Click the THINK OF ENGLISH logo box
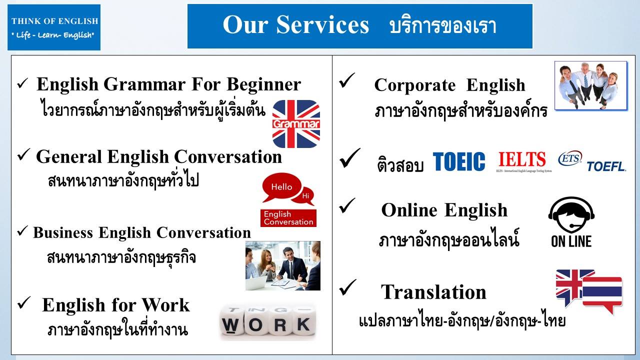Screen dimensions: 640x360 [54, 27]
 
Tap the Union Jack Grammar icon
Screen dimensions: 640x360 [296, 123]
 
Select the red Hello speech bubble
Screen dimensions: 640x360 [281, 187]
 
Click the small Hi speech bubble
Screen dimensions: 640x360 [304, 196]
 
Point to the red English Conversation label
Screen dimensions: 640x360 [288, 218]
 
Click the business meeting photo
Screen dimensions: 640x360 [283, 265]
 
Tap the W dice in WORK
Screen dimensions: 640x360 [231, 322]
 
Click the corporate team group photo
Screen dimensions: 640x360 [591, 85]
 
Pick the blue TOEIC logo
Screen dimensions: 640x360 [459, 161]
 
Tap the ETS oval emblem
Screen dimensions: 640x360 [570, 158]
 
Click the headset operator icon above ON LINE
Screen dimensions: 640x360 [571, 215]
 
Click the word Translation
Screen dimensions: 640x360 [433, 292]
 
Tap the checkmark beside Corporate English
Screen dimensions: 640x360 [347, 80]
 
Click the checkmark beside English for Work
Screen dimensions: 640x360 [24, 303]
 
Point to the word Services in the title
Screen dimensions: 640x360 [322, 24]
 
